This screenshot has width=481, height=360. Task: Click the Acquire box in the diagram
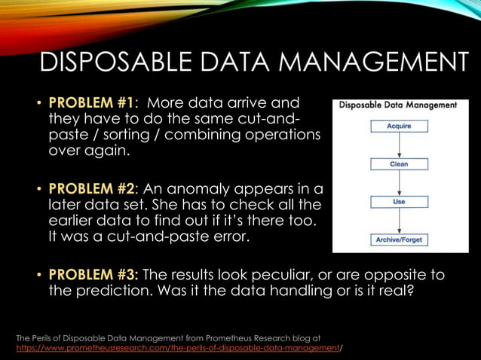click(399, 127)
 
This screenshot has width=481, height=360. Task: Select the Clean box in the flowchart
click(399, 163)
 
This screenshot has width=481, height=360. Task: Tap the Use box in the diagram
click(399, 202)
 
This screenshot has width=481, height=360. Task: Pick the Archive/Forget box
click(399, 239)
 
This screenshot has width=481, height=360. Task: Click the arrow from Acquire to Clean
click(399, 145)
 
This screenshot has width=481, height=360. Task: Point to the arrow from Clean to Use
click(399, 183)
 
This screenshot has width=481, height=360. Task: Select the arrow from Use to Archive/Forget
click(399, 221)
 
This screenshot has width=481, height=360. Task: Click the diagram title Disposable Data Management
click(398, 105)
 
